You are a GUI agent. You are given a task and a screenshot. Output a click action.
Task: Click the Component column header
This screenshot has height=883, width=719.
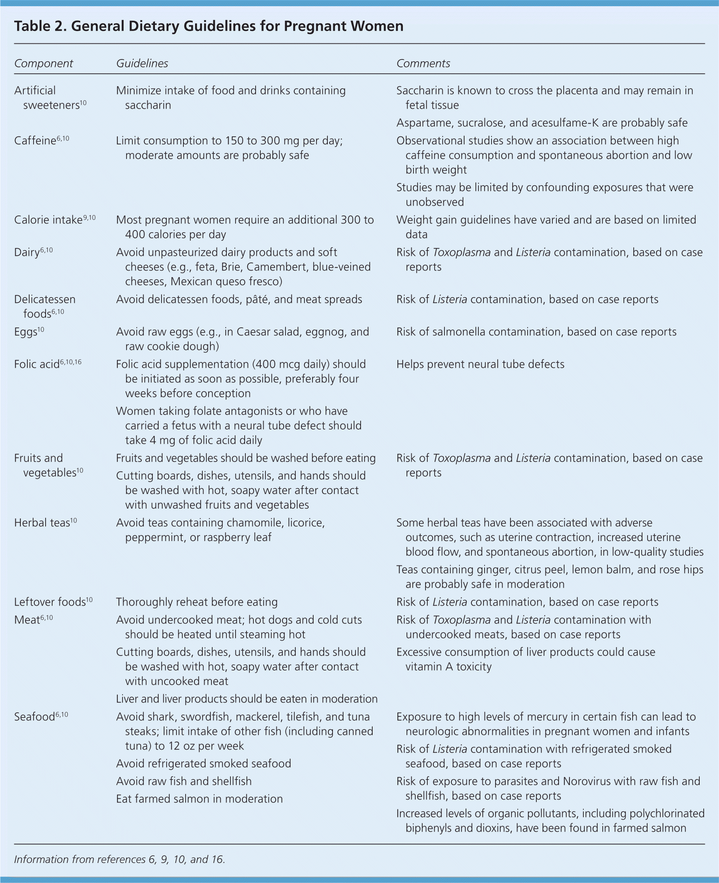click(x=43, y=63)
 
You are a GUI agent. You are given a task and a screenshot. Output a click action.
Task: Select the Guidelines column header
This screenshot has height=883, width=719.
click(x=142, y=63)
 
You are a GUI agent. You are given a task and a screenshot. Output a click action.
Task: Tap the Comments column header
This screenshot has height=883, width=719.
click(x=423, y=63)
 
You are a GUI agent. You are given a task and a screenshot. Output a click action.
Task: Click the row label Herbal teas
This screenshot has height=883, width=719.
click(x=42, y=523)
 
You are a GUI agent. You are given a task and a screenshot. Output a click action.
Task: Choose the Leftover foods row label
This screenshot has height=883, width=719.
click(x=50, y=602)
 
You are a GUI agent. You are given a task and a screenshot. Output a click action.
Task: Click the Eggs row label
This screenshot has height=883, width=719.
click(x=26, y=332)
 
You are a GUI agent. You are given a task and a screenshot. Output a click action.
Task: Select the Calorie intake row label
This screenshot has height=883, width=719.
click(x=48, y=220)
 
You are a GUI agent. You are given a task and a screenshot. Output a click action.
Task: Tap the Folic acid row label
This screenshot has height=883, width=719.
click(x=37, y=365)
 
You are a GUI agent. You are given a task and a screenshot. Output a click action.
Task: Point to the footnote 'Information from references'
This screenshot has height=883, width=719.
click(x=119, y=859)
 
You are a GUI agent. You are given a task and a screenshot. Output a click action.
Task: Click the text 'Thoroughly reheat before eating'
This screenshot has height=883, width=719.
click(x=197, y=602)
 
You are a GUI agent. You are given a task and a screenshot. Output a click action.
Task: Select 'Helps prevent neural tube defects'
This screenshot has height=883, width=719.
click(x=480, y=365)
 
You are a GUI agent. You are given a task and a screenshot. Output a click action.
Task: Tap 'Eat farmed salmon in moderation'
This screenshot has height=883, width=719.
click(x=199, y=799)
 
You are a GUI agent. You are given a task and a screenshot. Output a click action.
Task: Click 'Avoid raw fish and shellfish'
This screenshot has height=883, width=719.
click(x=183, y=782)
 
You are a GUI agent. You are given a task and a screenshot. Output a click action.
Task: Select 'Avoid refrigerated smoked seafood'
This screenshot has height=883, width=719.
click(x=203, y=764)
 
